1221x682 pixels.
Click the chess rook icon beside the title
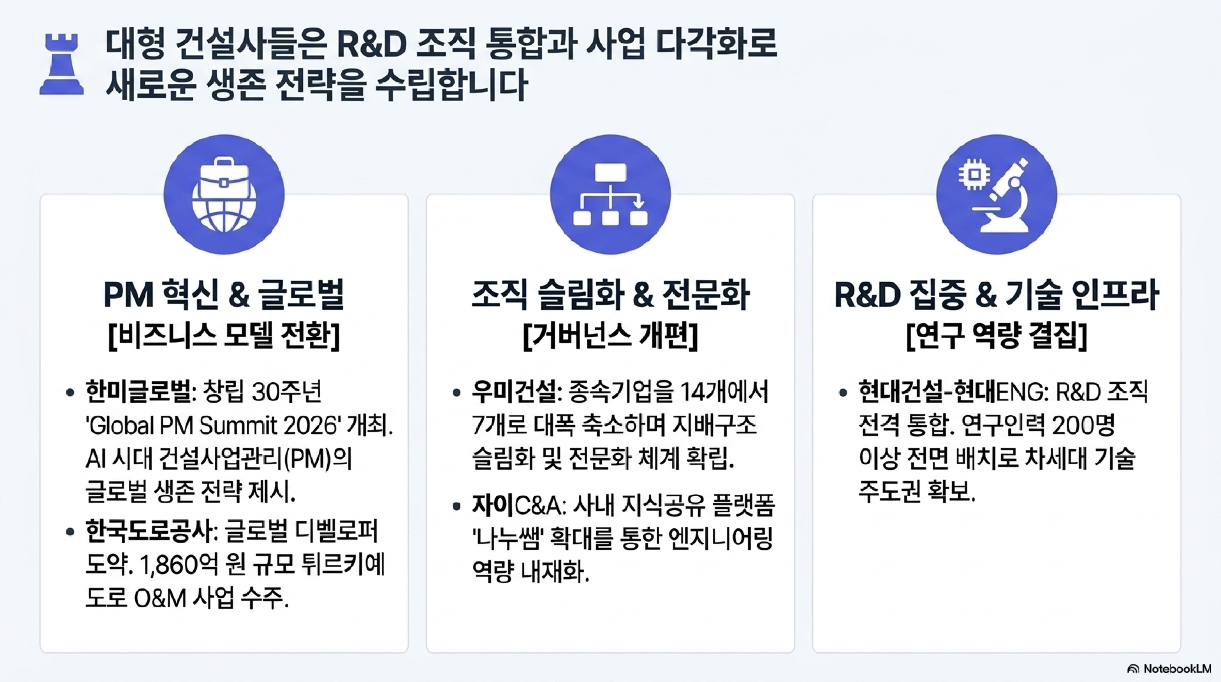(62, 64)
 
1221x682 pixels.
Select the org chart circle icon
(610, 194)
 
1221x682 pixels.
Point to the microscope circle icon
(997, 194)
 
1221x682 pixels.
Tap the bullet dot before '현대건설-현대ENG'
(843, 393)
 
